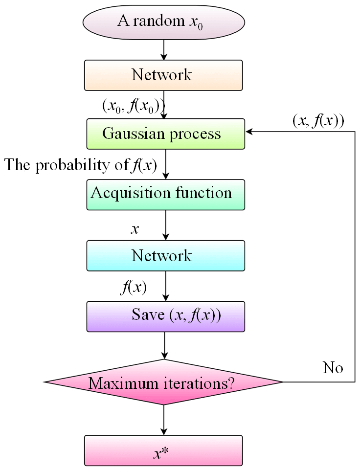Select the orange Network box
[x=163, y=75]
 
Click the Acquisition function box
[x=165, y=194]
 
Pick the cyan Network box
[x=165, y=255]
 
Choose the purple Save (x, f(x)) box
[x=165, y=316]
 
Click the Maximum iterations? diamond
[x=163, y=382]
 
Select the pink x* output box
[x=163, y=450]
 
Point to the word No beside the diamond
[x=333, y=368]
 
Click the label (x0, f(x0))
[x=133, y=106]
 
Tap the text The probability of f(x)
[x=81, y=165]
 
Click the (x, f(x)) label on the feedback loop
[x=318, y=122]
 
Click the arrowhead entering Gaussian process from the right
[x=249, y=132]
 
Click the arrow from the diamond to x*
[x=164, y=420]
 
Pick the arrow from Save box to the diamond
[x=165, y=346]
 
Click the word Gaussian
[x=128, y=134]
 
